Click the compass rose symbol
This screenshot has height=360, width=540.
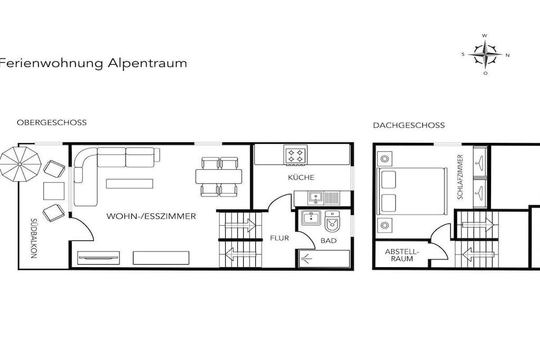click(x=485, y=54)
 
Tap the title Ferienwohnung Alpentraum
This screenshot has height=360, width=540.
click(x=93, y=63)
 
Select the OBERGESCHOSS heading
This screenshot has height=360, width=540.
click(x=52, y=122)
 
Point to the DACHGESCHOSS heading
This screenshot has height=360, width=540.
click(x=409, y=125)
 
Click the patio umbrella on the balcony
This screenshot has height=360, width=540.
click(x=21, y=164)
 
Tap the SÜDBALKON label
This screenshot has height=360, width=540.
click(x=34, y=238)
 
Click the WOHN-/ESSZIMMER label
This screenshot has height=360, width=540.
click(x=151, y=217)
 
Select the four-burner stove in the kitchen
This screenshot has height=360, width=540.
click(x=295, y=154)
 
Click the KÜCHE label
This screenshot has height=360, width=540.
click(x=301, y=178)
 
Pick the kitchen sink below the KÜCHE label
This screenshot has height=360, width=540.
click(x=316, y=198)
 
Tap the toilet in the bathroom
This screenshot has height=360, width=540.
click(x=333, y=222)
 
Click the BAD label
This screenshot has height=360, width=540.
click(x=329, y=241)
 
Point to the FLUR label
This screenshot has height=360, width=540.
click(x=279, y=238)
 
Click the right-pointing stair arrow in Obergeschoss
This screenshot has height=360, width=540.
click(x=240, y=226)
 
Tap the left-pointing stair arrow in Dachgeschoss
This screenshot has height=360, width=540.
click(x=479, y=255)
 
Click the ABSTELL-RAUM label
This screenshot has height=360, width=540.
click(x=402, y=255)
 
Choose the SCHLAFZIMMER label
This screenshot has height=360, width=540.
click(x=460, y=177)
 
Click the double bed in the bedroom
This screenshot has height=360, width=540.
click(x=412, y=191)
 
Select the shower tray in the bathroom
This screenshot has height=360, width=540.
click(x=324, y=258)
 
